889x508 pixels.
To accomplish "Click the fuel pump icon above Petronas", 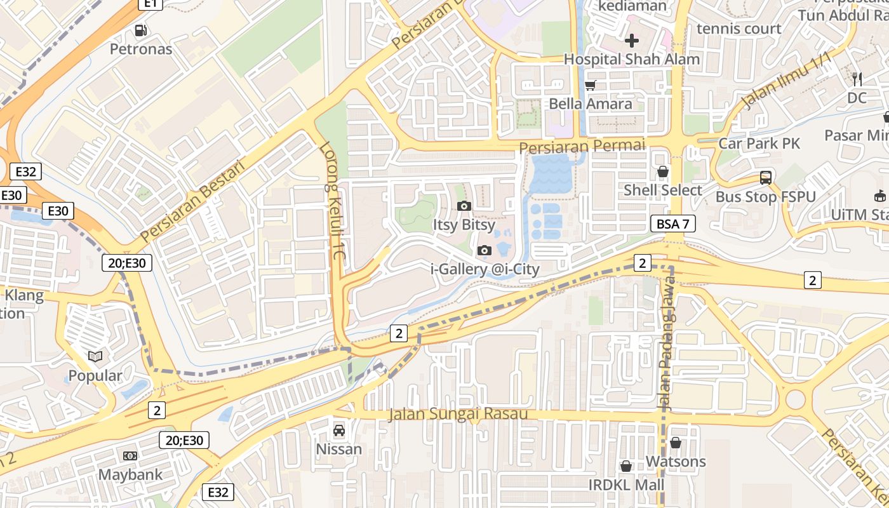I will point(141,30).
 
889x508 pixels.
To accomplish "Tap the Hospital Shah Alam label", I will point(632,59).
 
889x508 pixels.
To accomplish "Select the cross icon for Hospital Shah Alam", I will point(632,41).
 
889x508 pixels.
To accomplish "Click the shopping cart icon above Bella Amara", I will point(591,85).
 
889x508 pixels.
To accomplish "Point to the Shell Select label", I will point(663,190).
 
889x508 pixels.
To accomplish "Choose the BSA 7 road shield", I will point(673,224).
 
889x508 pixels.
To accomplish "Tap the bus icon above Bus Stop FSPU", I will point(766,178).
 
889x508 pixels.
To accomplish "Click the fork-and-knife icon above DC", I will point(857,79).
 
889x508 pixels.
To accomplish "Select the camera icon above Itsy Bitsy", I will point(464,206).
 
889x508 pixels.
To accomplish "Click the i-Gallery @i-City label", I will point(485,269).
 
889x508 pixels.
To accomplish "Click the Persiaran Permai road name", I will point(582,146).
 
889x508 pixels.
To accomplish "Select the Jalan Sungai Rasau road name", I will point(458,414).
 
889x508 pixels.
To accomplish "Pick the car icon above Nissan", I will point(339,431).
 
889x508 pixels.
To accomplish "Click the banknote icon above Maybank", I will point(130,456).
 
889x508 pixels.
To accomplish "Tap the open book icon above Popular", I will point(95,357).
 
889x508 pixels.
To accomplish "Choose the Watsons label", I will point(676,461).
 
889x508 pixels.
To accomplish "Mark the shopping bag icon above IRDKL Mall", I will point(626,466).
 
